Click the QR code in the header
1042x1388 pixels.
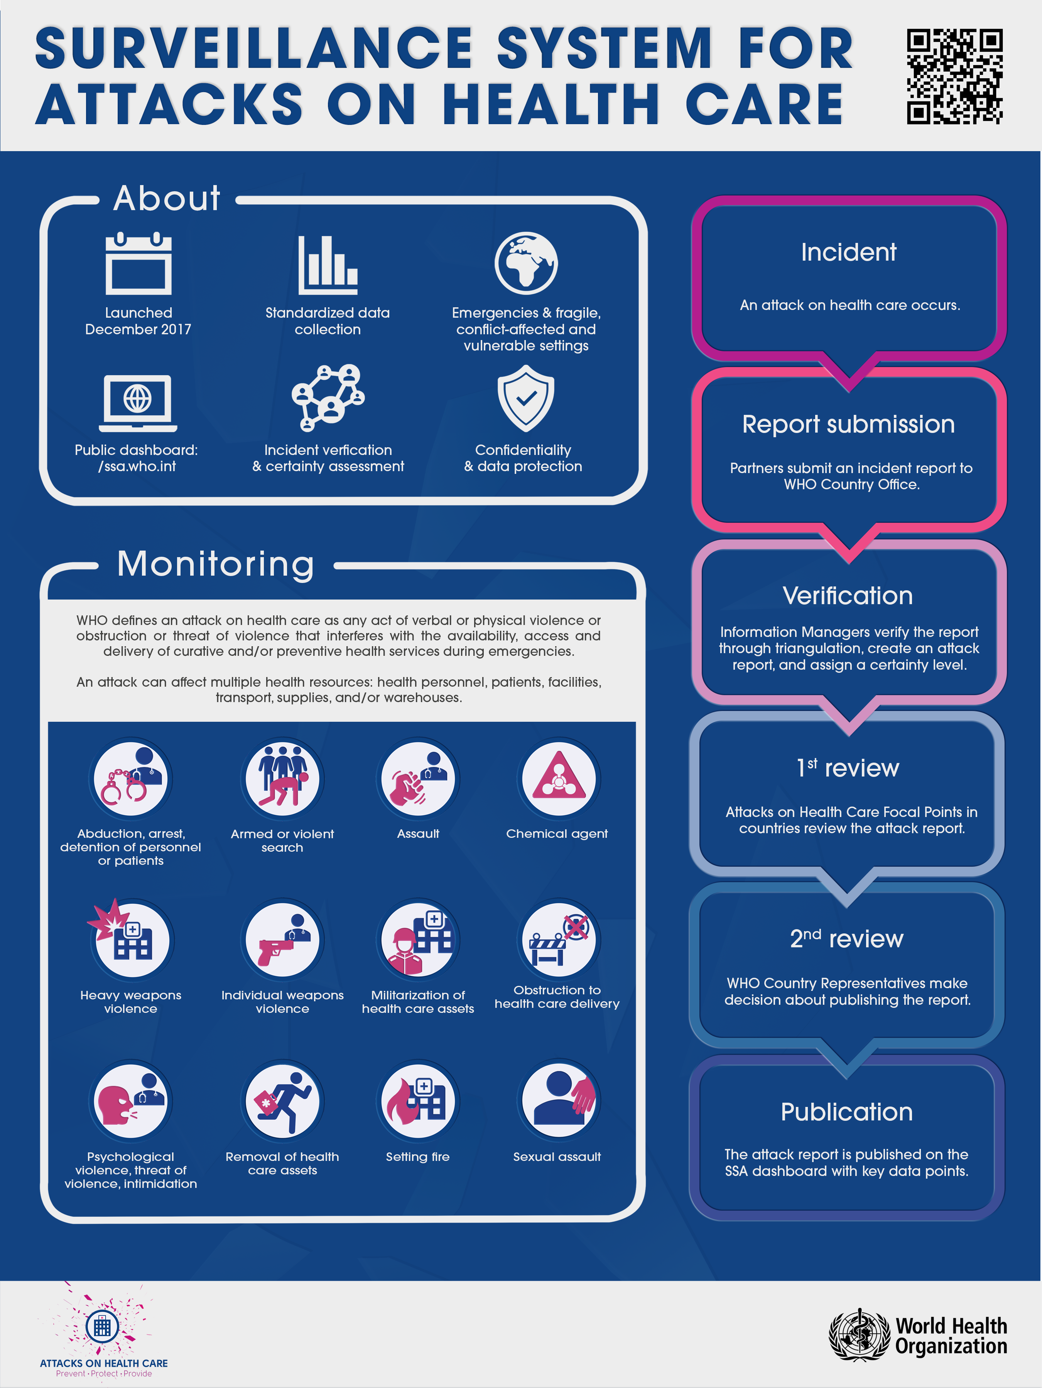tap(954, 77)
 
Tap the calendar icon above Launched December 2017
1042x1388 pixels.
tap(138, 264)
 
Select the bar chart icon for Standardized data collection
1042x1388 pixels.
tap(328, 265)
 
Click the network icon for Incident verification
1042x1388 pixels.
tap(328, 398)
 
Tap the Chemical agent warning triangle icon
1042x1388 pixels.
tap(558, 778)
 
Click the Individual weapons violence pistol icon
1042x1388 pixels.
tap(282, 940)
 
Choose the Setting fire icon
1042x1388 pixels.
tap(417, 1101)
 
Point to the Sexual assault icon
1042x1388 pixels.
tap(558, 1101)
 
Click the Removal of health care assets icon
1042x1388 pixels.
tap(282, 1101)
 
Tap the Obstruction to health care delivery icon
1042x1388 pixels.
tap(558, 940)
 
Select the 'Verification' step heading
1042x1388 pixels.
tap(848, 596)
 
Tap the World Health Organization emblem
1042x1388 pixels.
tap(859, 1335)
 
